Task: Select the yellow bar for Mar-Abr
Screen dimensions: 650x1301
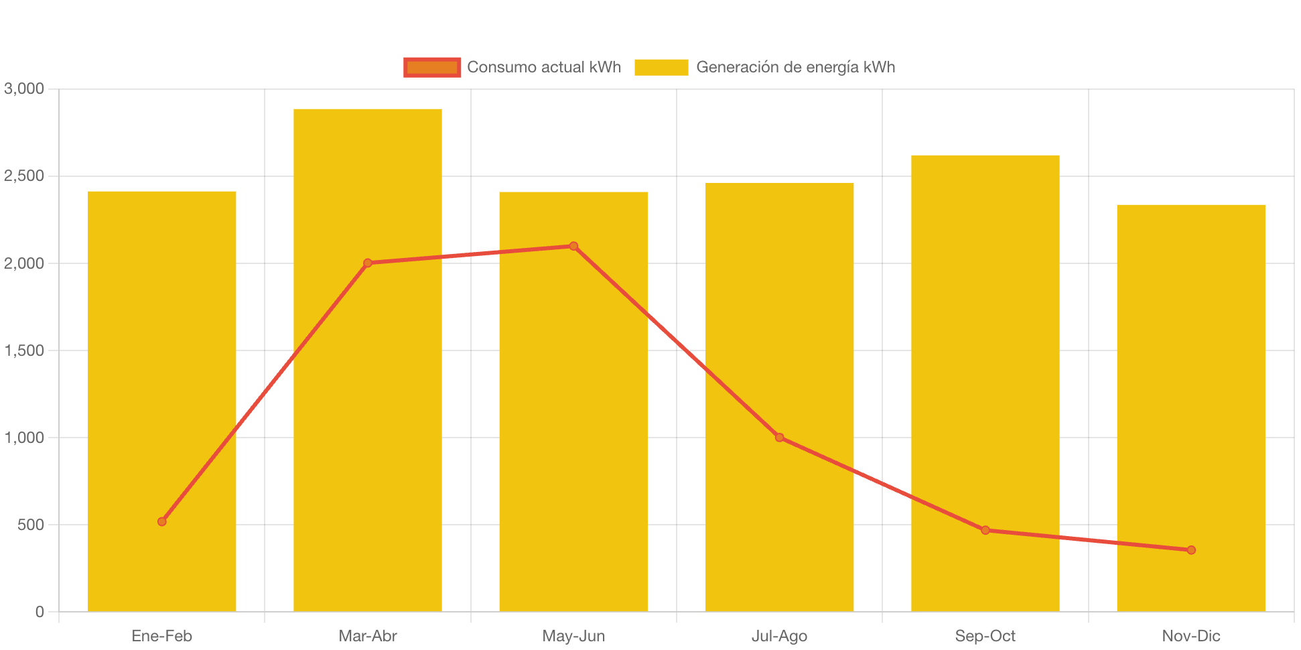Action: click(x=367, y=402)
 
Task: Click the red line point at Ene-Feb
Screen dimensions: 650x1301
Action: click(x=162, y=521)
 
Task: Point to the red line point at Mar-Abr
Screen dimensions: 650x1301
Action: click(x=368, y=263)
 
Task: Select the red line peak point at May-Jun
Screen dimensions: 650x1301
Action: click(x=573, y=246)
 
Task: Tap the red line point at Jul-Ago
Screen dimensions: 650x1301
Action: click(x=779, y=438)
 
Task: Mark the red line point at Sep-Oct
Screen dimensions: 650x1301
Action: click(x=985, y=530)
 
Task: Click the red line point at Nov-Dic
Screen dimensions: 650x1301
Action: click(x=1191, y=550)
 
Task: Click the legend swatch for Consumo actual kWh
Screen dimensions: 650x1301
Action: click(x=432, y=67)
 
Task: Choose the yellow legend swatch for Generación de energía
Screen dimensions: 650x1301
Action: click(x=661, y=67)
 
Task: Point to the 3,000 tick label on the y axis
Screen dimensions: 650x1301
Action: click(x=24, y=88)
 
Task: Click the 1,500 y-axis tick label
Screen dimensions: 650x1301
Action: click(x=24, y=350)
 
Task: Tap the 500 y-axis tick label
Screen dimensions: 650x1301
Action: click(x=31, y=525)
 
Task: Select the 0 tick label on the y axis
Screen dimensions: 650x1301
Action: click(x=40, y=612)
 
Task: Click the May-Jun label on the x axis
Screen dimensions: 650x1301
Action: click(x=573, y=636)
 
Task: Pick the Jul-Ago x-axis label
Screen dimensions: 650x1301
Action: click(x=779, y=636)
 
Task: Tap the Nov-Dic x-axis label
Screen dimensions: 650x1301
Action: click(x=1191, y=636)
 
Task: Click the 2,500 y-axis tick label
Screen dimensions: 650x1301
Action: click(x=24, y=176)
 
